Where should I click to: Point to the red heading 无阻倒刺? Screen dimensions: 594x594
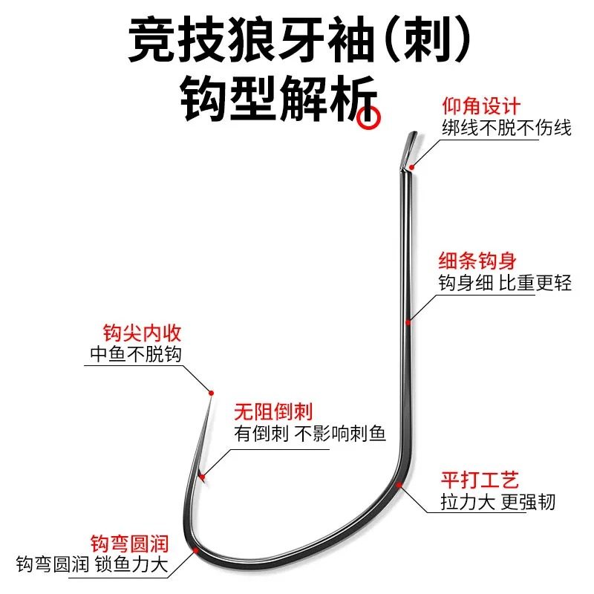[272, 411]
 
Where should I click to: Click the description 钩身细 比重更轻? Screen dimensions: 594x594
[505, 283]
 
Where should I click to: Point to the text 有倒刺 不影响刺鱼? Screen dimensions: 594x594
[310, 434]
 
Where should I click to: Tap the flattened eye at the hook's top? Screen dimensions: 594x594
[411, 148]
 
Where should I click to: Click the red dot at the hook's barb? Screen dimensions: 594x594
[200, 472]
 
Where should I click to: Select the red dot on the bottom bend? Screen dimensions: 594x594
[195, 550]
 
